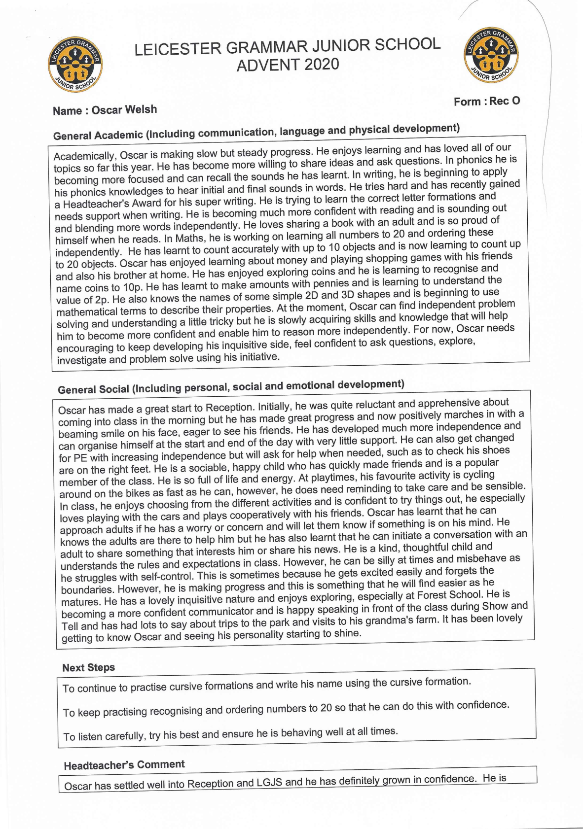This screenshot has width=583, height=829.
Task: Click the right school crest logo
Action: click(x=491, y=55)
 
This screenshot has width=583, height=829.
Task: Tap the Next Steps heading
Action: click(x=88, y=668)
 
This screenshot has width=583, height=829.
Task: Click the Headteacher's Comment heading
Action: click(x=124, y=765)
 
